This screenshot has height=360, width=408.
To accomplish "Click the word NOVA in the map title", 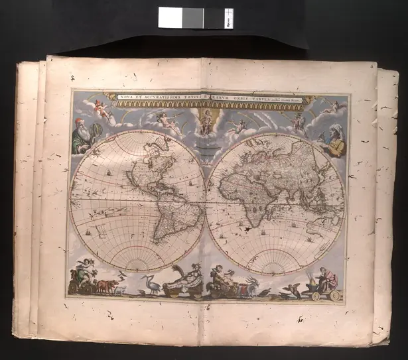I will coord(127,98).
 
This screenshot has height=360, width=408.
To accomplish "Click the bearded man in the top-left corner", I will coord(84,135).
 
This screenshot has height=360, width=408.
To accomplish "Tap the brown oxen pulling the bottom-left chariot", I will coord(105,286).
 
